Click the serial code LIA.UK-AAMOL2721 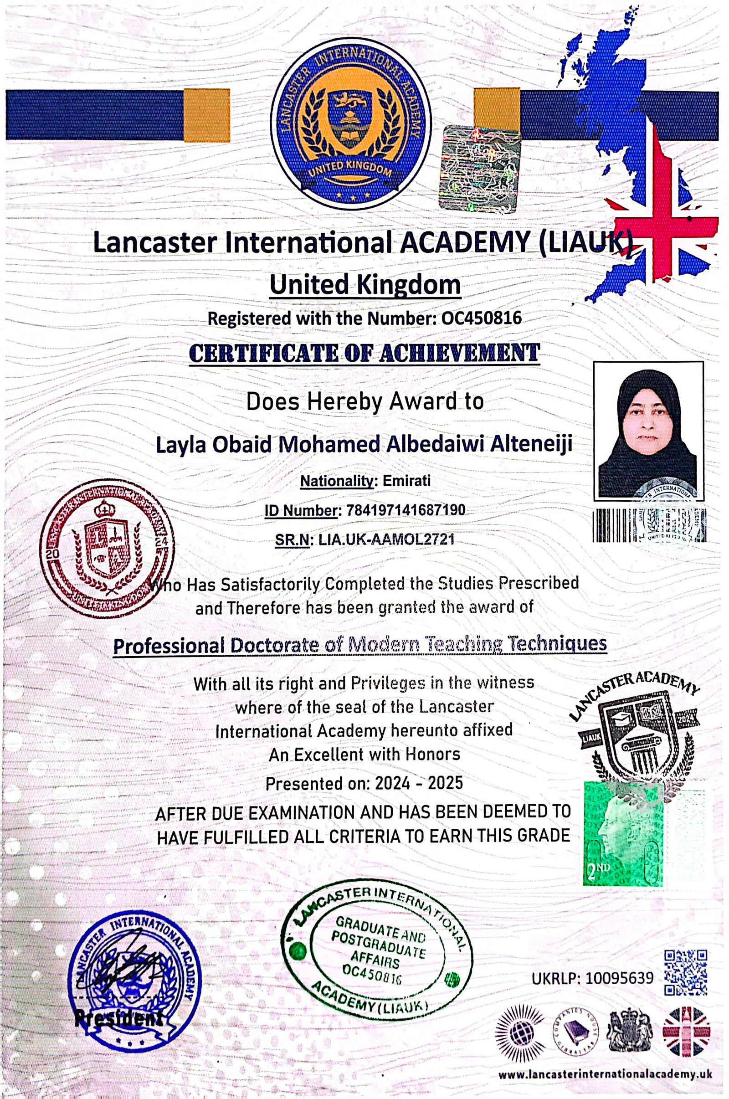pos(385,539)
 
